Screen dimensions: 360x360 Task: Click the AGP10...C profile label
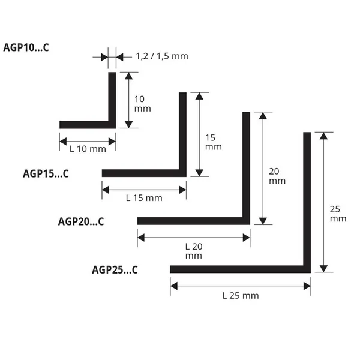(26, 48)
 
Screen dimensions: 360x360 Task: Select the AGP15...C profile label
(46, 173)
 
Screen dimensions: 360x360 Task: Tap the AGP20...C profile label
(81, 221)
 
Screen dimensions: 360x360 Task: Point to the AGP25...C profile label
(115, 270)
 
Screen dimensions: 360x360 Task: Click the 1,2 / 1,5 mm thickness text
(162, 56)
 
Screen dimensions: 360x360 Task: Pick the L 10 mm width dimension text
(88, 149)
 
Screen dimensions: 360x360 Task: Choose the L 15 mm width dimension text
(144, 198)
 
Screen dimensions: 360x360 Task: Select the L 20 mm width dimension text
(194, 251)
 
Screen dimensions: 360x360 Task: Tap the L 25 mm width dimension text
(241, 296)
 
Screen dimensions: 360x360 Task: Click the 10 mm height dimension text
(142, 104)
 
